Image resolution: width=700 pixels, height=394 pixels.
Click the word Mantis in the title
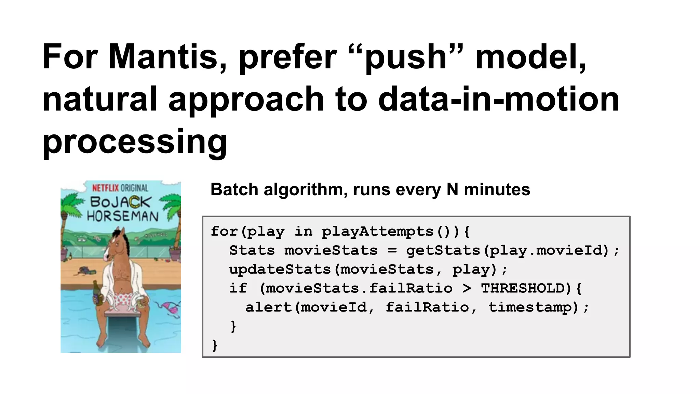coord(163,56)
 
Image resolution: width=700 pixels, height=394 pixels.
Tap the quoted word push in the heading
coord(406,58)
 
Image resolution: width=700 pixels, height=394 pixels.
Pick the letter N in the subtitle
coord(452,189)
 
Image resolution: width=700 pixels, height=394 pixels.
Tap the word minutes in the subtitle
coord(497,189)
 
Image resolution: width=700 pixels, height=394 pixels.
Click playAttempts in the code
coord(378,232)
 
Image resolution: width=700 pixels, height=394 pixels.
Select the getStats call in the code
coord(443,250)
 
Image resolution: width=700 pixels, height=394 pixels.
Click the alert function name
coord(268,307)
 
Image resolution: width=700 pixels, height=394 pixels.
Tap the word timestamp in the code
coord(530,307)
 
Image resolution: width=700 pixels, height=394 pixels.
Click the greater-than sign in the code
coord(467,288)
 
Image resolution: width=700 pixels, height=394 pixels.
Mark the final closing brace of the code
coord(215,345)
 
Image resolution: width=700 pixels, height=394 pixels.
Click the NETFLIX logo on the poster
coord(105,188)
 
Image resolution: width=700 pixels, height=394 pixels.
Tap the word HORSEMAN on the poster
coord(123,216)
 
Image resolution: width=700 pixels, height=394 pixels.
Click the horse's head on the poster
coord(116,245)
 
